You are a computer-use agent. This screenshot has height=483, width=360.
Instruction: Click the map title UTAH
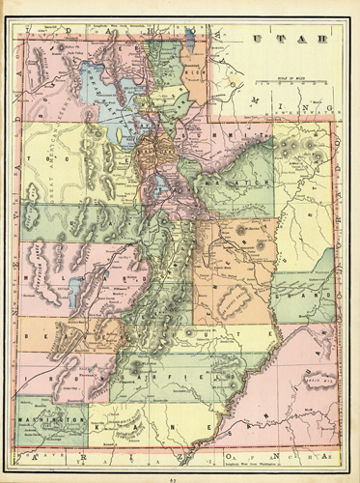(280, 38)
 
